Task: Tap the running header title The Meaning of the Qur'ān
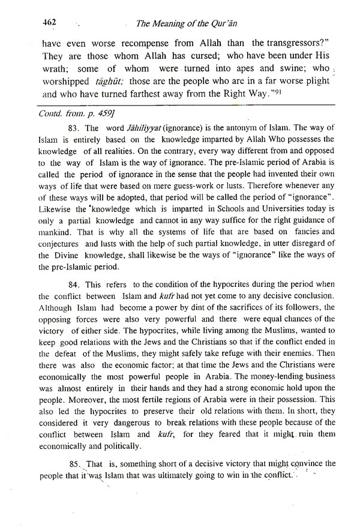click(196, 24)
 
